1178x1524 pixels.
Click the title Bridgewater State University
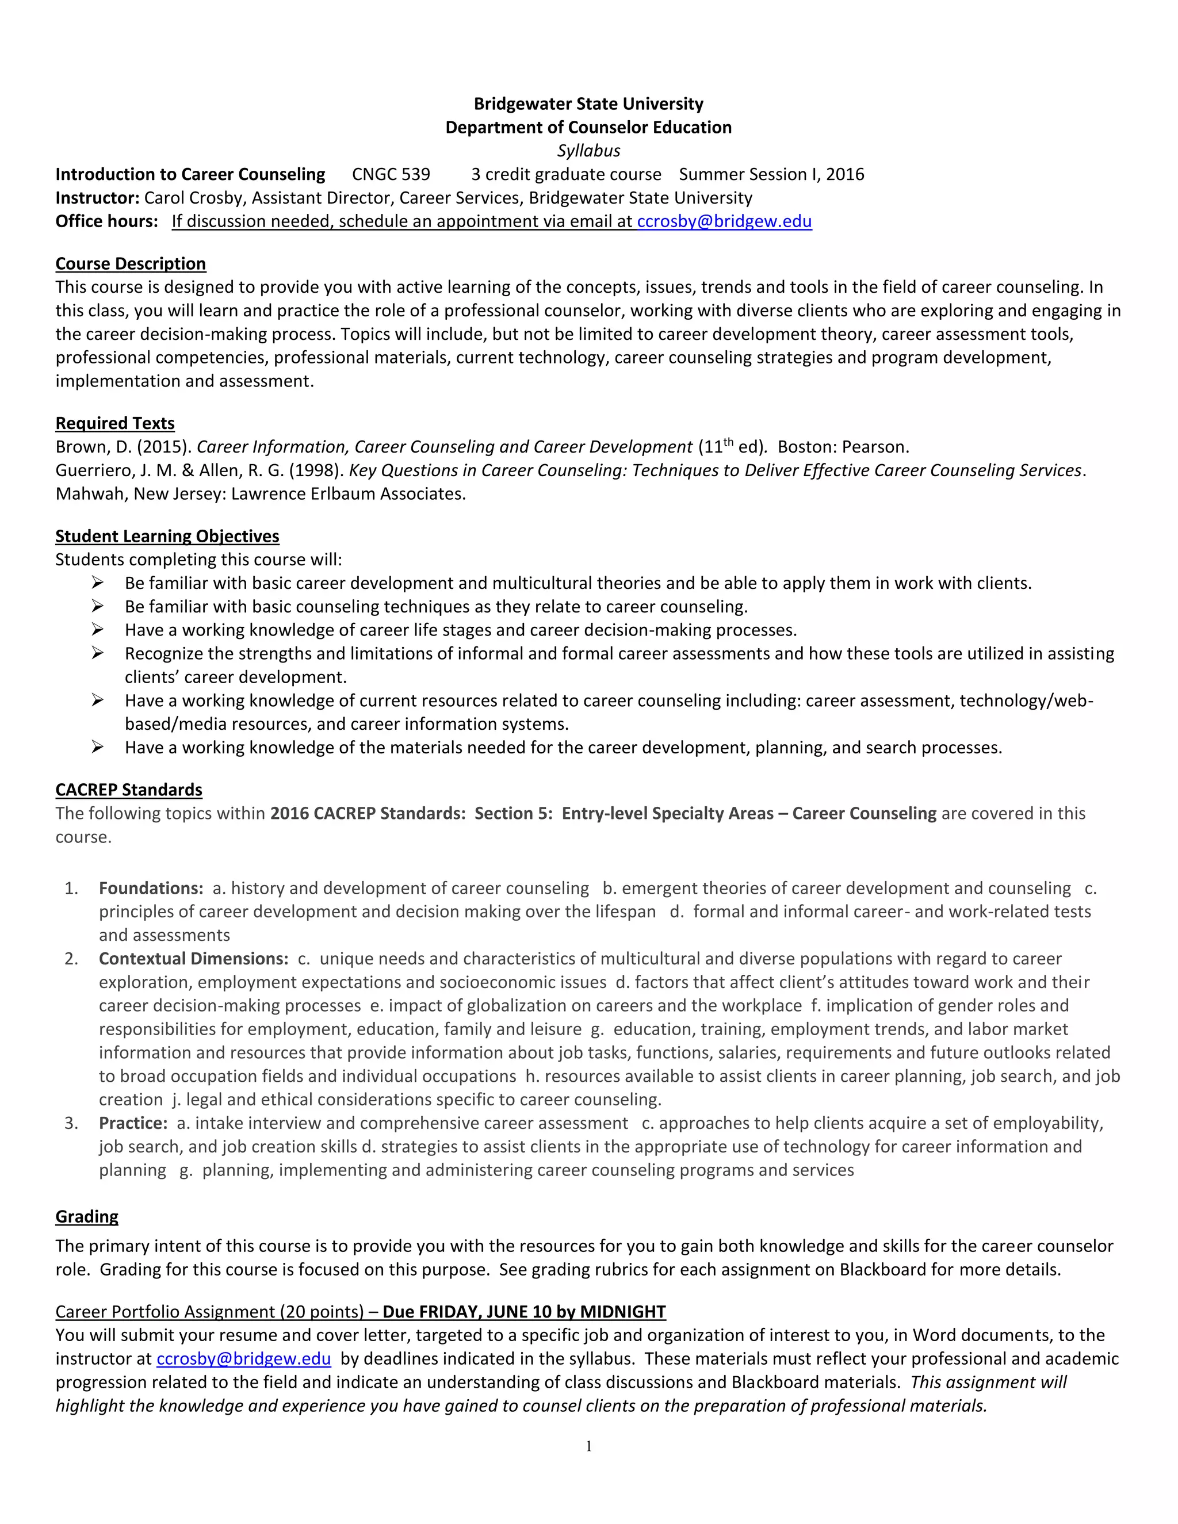click(x=588, y=104)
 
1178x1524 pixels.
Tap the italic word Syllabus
click(x=588, y=151)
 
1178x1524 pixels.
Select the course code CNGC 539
click(x=391, y=174)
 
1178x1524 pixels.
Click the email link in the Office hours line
click(x=724, y=221)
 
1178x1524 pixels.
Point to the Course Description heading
click(x=131, y=264)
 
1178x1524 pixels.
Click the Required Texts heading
click(x=115, y=424)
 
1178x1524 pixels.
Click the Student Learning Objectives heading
click(x=167, y=536)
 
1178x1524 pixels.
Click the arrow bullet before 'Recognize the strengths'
click(x=97, y=653)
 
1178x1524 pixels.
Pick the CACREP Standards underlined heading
click(x=128, y=790)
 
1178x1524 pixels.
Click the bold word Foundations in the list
click(x=150, y=889)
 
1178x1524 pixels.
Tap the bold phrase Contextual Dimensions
click(x=193, y=959)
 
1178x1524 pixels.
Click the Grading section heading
click(x=86, y=1217)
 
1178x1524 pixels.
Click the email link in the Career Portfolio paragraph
click(x=243, y=1358)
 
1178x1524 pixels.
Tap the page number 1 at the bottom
click(x=588, y=1446)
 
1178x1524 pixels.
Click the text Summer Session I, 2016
click(x=771, y=174)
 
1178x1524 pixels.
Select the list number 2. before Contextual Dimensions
click(x=71, y=959)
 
